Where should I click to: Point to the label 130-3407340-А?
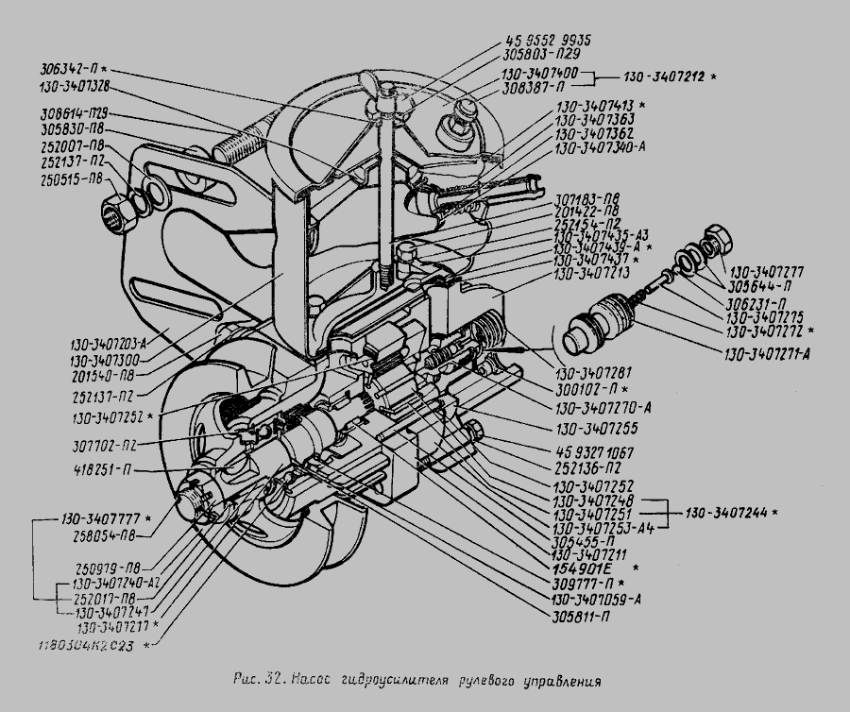[x=600, y=148]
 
